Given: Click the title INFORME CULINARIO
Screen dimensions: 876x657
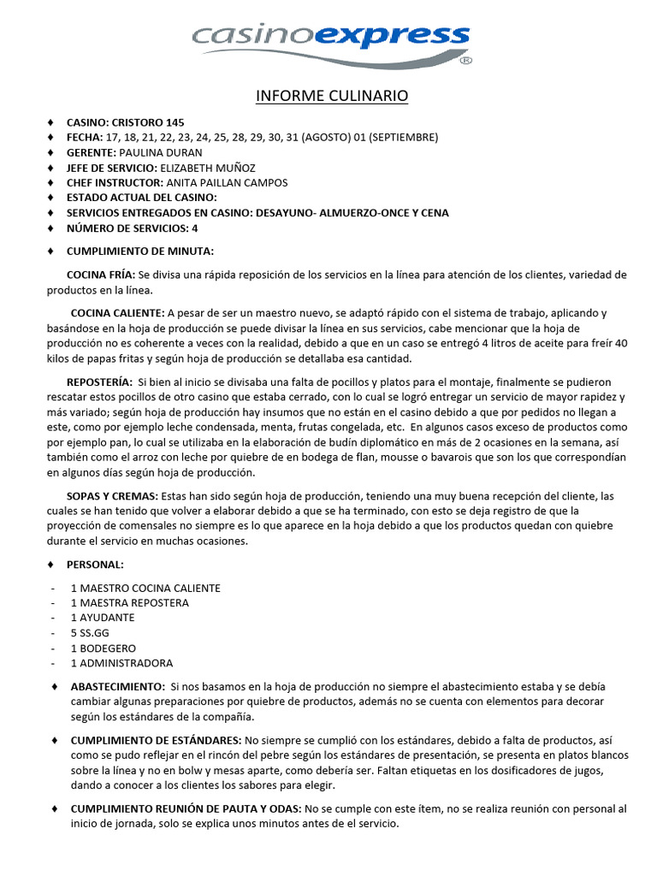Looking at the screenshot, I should tap(332, 96).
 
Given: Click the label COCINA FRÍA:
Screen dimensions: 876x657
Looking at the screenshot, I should tap(101, 275).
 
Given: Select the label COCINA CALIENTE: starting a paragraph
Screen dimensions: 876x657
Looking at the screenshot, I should tap(117, 313).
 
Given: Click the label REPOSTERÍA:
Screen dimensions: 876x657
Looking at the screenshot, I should tap(99, 382).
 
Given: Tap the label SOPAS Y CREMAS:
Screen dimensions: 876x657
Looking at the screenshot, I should tap(112, 496).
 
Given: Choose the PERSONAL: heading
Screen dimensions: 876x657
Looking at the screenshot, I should tap(95, 565).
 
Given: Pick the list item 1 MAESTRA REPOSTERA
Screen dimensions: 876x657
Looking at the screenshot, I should tap(130, 602).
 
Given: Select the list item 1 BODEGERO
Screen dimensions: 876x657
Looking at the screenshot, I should tap(104, 648).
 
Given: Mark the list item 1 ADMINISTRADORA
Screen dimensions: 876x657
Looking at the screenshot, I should tap(121, 663).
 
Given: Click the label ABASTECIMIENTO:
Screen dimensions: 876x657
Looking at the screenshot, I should tap(118, 686).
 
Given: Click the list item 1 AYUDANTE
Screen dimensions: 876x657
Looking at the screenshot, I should tap(103, 618).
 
